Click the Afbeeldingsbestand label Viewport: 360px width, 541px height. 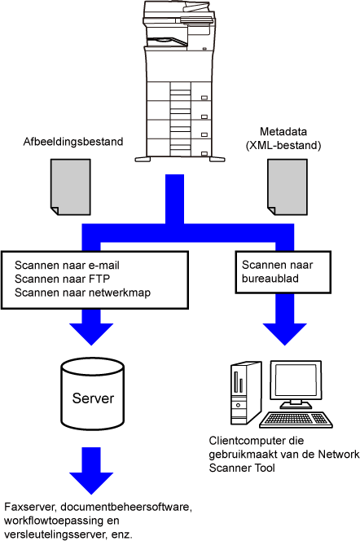click(73, 142)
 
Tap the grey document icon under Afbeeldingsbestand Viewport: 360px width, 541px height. click(71, 187)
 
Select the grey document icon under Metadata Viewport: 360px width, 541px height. click(288, 187)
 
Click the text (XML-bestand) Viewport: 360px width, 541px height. click(283, 145)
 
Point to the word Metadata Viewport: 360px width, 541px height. click(283, 131)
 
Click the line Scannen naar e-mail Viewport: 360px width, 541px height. click(67, 266)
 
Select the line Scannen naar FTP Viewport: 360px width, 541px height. click(62, 279)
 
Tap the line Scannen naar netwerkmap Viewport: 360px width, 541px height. click(82, 292)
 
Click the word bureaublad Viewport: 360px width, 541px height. click(270, 279)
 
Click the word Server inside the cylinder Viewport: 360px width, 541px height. click(93, 398)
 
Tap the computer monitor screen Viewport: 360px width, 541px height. click(296, 379)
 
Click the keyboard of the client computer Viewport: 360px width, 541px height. click(296, 420)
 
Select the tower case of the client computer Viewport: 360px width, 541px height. click(246, 393)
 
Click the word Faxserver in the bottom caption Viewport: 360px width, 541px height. click(30, 507)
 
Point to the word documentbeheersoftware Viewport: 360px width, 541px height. click(125, 507)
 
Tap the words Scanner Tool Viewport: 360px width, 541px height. click(242, 468)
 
